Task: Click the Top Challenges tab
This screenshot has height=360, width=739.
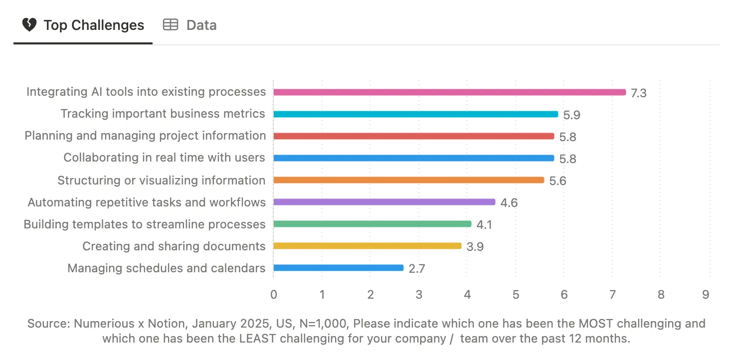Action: [83, 25]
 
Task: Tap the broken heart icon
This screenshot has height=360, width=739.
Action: [29, 25]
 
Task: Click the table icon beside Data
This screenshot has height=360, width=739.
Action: [171, 25]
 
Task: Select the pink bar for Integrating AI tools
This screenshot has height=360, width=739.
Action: [449, 92]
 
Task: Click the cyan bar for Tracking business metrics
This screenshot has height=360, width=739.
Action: [415, 114]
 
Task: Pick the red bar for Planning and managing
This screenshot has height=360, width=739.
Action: [413, 136]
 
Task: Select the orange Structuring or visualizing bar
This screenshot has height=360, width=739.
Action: [408, 180]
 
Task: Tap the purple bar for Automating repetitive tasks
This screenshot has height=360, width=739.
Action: [384, 202]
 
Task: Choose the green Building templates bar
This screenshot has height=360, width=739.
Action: [372, 224]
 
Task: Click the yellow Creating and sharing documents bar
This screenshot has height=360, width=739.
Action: [367, 246]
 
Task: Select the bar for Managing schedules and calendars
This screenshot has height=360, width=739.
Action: [338, 268]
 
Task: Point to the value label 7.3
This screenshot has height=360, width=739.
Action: [638, 93]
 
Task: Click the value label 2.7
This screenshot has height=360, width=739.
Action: [416, 269]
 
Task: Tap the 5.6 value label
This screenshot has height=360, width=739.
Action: [557, 181]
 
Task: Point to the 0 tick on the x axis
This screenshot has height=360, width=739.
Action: [274, 295]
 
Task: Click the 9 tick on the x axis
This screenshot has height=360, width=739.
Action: [706, 295]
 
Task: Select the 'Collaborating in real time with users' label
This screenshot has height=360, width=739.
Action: [164, 158]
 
